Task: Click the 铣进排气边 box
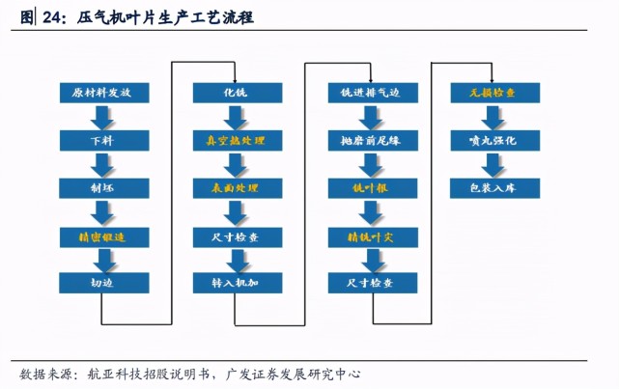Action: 366,94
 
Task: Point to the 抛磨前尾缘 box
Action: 366,141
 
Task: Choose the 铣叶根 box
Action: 366,188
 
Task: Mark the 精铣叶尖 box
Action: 366,236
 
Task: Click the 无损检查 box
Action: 492,94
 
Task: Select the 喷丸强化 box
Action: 492,141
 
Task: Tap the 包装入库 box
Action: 492,188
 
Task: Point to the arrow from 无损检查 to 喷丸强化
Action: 492,118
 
